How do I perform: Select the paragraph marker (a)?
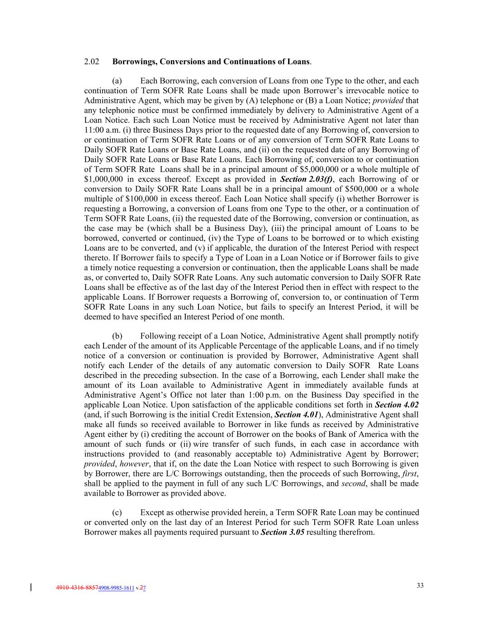click(117, 81)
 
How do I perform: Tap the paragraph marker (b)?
click(117, 336)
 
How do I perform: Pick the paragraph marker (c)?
click(117, 513)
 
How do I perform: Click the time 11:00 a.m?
click(98, 130)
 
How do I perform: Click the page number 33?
click(420, 585)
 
